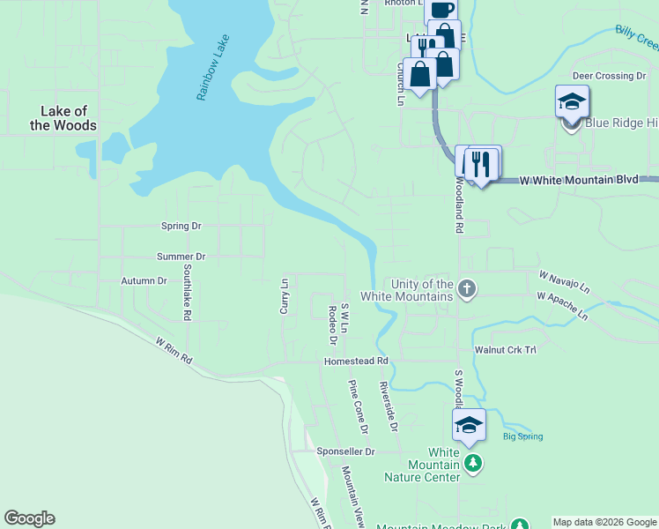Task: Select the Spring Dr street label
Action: tap(181, 226)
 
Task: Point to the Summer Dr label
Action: tap(181, 257)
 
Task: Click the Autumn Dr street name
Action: tap(144, 281)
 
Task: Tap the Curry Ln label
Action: tap(285, 295)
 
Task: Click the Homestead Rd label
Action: tap(356, 361)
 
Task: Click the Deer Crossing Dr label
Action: tap(609, 77)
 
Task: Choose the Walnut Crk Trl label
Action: tap(506, 350)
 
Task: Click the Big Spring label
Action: tap(522, 436)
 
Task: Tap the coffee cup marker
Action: tap(442, 11)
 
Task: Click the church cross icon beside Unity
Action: tap(467, 288)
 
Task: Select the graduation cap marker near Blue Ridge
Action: tap(572, 101)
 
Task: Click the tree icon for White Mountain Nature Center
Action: tap(474, 463)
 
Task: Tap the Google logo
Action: tap(29, 518)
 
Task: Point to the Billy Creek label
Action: tap(636, 40)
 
